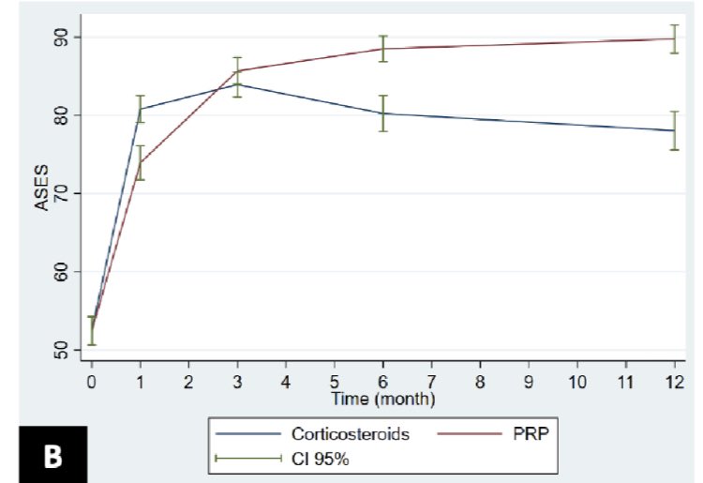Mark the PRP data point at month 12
click(x=674, y=38)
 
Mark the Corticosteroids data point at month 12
click(x=674, y=130)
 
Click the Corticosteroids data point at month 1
click(x=141, y=109)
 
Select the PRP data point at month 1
click(x=141, y=162)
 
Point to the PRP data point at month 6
click(x=382, y=49)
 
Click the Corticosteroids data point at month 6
click(x=382, y=113)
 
